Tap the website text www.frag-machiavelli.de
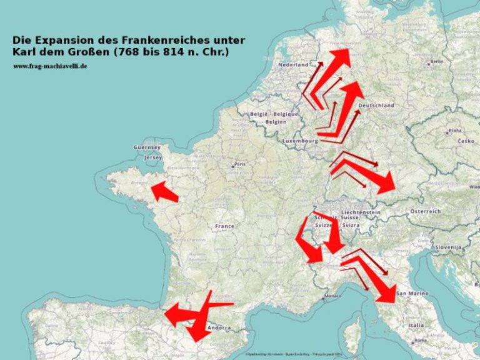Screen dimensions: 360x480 coord(50,66)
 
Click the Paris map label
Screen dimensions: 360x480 coord(239,165)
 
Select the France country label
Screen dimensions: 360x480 coord(224,226)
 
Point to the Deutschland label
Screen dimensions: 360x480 coord(376,106)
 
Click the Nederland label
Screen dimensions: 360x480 coord(294,65)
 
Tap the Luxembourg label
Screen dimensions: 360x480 coord(301,141)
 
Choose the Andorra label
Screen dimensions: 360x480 coord(219,327)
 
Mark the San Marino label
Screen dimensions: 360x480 coord(411,294)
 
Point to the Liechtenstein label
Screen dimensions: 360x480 coord(361,212)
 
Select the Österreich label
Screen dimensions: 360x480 coord(425,212)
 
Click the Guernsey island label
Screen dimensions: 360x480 coord(147,147)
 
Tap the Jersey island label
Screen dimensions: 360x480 coord(153,157)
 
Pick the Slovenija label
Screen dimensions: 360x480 coord(448,247)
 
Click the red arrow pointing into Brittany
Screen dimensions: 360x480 coord(164,192)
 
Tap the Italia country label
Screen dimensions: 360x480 coord(416,325)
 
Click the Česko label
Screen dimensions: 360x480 coord(466,141)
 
